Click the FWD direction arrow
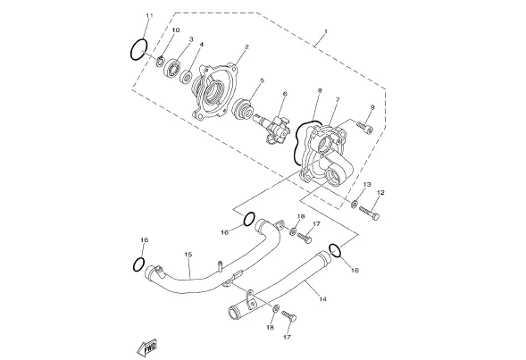[147, 347]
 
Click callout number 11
[150, 16]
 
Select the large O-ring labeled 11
[138, 50]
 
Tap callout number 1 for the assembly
[325, 32]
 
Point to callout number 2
[246, 47]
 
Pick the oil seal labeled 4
[186, 77]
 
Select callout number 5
[262, 80]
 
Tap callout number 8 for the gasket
[320, 90]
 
